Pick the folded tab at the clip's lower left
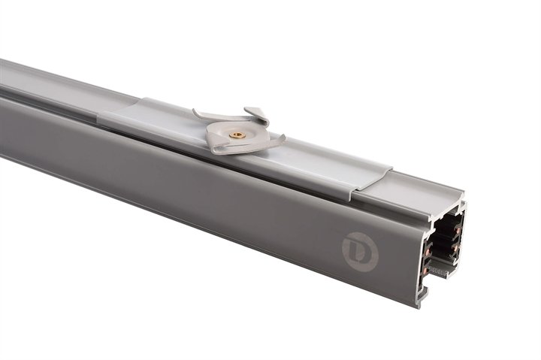coord(218,149)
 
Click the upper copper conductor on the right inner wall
coord(459,223)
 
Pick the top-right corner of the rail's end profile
coord(464,203)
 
